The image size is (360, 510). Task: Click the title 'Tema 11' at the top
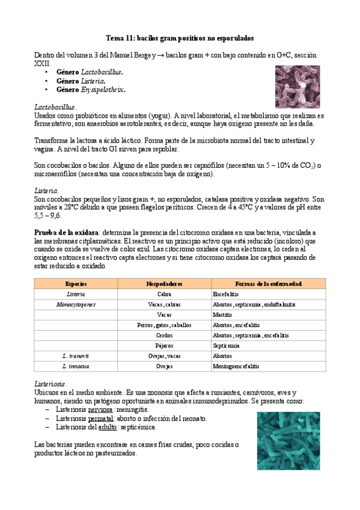[180, 37]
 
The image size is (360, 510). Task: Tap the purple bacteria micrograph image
[297, 85]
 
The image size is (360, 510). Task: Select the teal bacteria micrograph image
[288, 441]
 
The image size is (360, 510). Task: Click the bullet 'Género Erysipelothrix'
[91, 90]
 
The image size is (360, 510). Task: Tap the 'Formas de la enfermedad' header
[268, 283]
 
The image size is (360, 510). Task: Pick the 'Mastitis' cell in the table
[222, 315]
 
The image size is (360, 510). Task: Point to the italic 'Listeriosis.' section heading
[51, 384]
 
